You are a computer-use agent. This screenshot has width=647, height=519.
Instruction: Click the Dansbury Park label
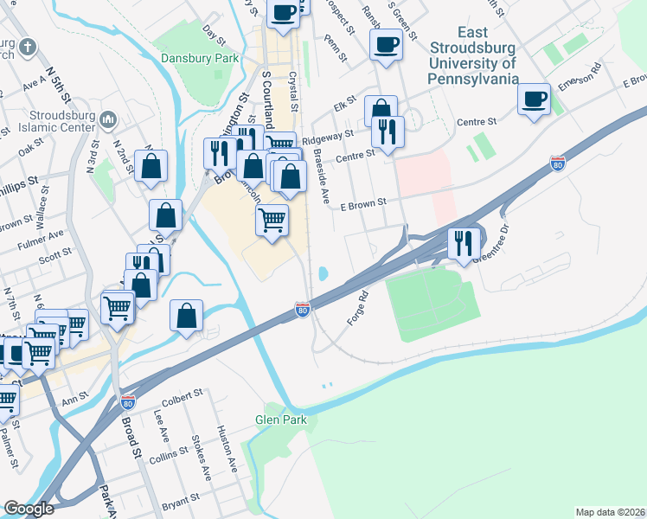point(199,59)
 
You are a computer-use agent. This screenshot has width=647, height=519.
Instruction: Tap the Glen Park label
point(281,420)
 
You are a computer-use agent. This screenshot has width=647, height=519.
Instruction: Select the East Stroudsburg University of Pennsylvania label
point(473,55)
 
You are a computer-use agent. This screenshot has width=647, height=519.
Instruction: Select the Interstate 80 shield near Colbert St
point(128,402)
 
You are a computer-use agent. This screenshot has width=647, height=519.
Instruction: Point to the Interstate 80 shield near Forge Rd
point(302,309)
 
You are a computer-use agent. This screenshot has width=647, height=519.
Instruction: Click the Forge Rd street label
point(357,307)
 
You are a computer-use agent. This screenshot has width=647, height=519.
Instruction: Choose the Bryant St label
point(181,499)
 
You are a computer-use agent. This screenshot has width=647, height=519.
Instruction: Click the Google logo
point(29,509)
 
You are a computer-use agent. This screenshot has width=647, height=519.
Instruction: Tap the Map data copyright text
point(610,512)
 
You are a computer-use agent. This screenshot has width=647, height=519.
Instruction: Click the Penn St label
point(336,48)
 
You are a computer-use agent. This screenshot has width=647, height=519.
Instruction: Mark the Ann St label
point(76,402)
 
